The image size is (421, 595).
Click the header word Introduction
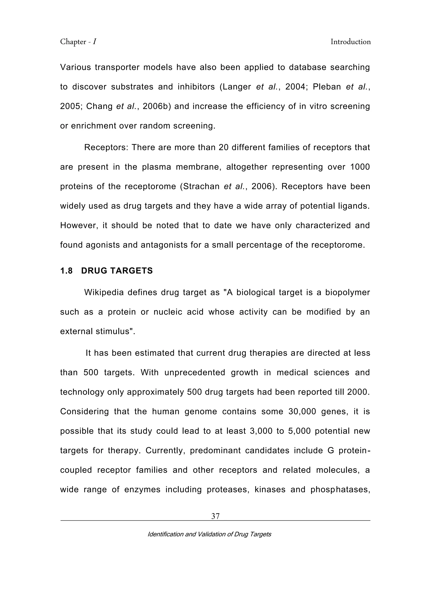350,42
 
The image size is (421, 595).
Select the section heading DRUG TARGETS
117,271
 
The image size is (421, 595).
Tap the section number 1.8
66,271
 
